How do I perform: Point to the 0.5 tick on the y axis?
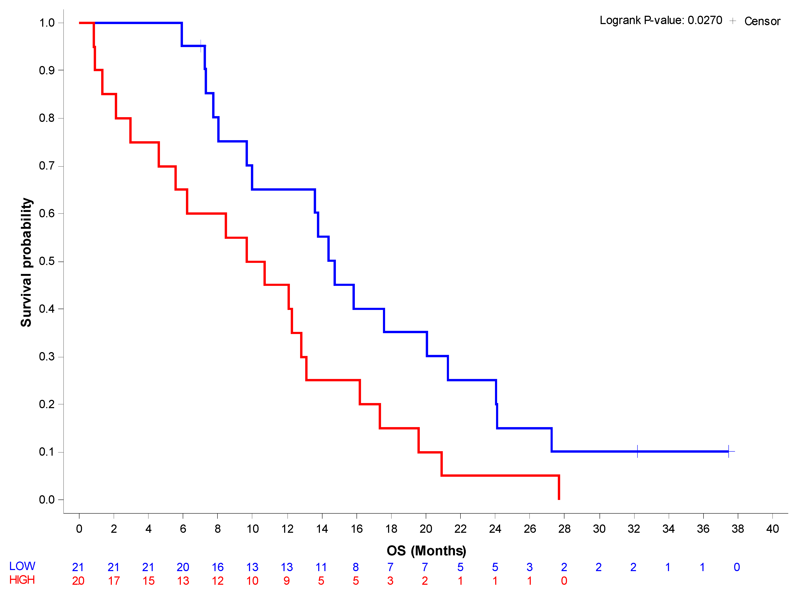47,261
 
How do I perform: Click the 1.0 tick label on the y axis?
47,23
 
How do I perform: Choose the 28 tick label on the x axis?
564,529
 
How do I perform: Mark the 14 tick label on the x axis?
322,529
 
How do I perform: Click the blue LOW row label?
22,566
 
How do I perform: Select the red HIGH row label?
22,580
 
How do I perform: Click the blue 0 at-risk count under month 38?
737,567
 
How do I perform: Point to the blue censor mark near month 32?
637,451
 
